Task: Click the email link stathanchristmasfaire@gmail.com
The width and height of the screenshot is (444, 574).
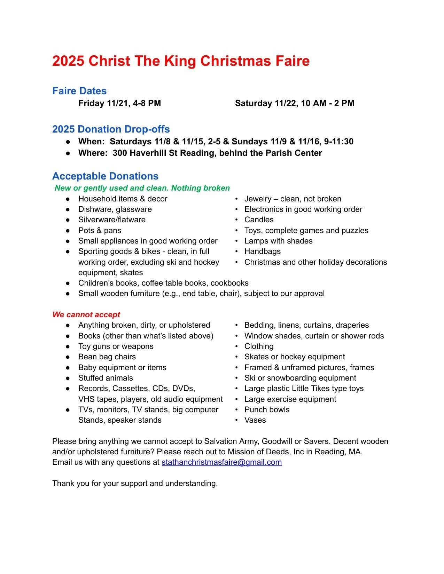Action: [x=221, y=462]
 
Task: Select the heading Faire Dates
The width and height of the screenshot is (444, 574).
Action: [x=79, y=91]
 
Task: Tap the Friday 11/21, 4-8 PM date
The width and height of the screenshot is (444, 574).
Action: [x=119, y=103]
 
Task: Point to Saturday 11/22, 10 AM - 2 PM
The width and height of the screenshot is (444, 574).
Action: [x=294, y=103]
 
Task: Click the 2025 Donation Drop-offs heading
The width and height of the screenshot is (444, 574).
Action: [x=111, y=129]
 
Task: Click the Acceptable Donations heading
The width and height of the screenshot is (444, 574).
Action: [x=105, y=176]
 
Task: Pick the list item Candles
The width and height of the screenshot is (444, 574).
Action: [x=259, y=220]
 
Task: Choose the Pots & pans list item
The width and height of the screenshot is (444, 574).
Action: [x=100, y=230]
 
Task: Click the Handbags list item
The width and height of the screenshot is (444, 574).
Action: [x=262, y=251]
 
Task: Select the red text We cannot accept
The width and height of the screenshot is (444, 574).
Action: [x=86, y=314]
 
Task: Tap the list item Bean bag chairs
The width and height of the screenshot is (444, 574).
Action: [x=107, y=357]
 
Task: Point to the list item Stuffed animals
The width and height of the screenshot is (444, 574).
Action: [x=106, y=378]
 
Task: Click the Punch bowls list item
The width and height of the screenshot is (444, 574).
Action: [x=267, y=409]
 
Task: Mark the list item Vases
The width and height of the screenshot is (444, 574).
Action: [x=255, y=420]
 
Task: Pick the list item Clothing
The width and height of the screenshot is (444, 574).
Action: [x=259, y=346]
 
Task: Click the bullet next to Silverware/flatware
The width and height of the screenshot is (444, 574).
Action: [x=68, y=220]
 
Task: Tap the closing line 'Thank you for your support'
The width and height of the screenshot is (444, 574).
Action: [x=135, y=483]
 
